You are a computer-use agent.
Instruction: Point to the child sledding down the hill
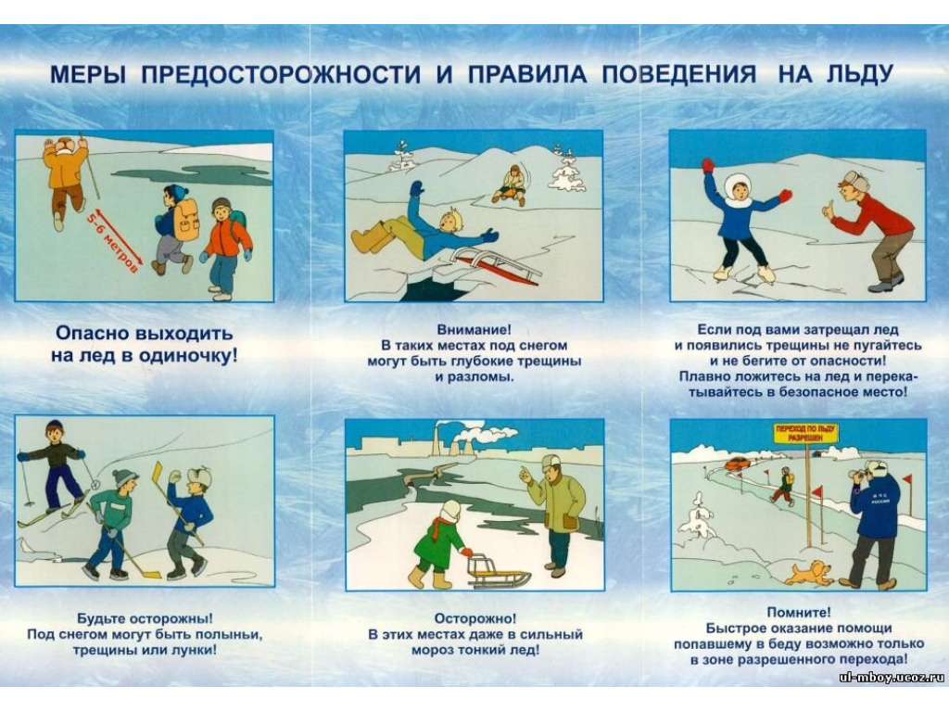(511, 185)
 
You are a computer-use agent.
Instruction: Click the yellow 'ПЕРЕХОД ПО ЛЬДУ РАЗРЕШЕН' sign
(807, 434)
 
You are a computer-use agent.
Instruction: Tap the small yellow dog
(807, 573)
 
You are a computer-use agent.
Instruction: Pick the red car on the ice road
(737, 464)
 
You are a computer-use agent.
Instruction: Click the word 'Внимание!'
(474, 330)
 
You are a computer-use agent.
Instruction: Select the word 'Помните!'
(799, 613)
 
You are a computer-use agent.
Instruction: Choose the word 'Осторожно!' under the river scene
(475, 618)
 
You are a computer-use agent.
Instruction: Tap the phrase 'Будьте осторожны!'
(145, 618)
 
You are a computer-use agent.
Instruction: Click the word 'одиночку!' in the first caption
(188, 355)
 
